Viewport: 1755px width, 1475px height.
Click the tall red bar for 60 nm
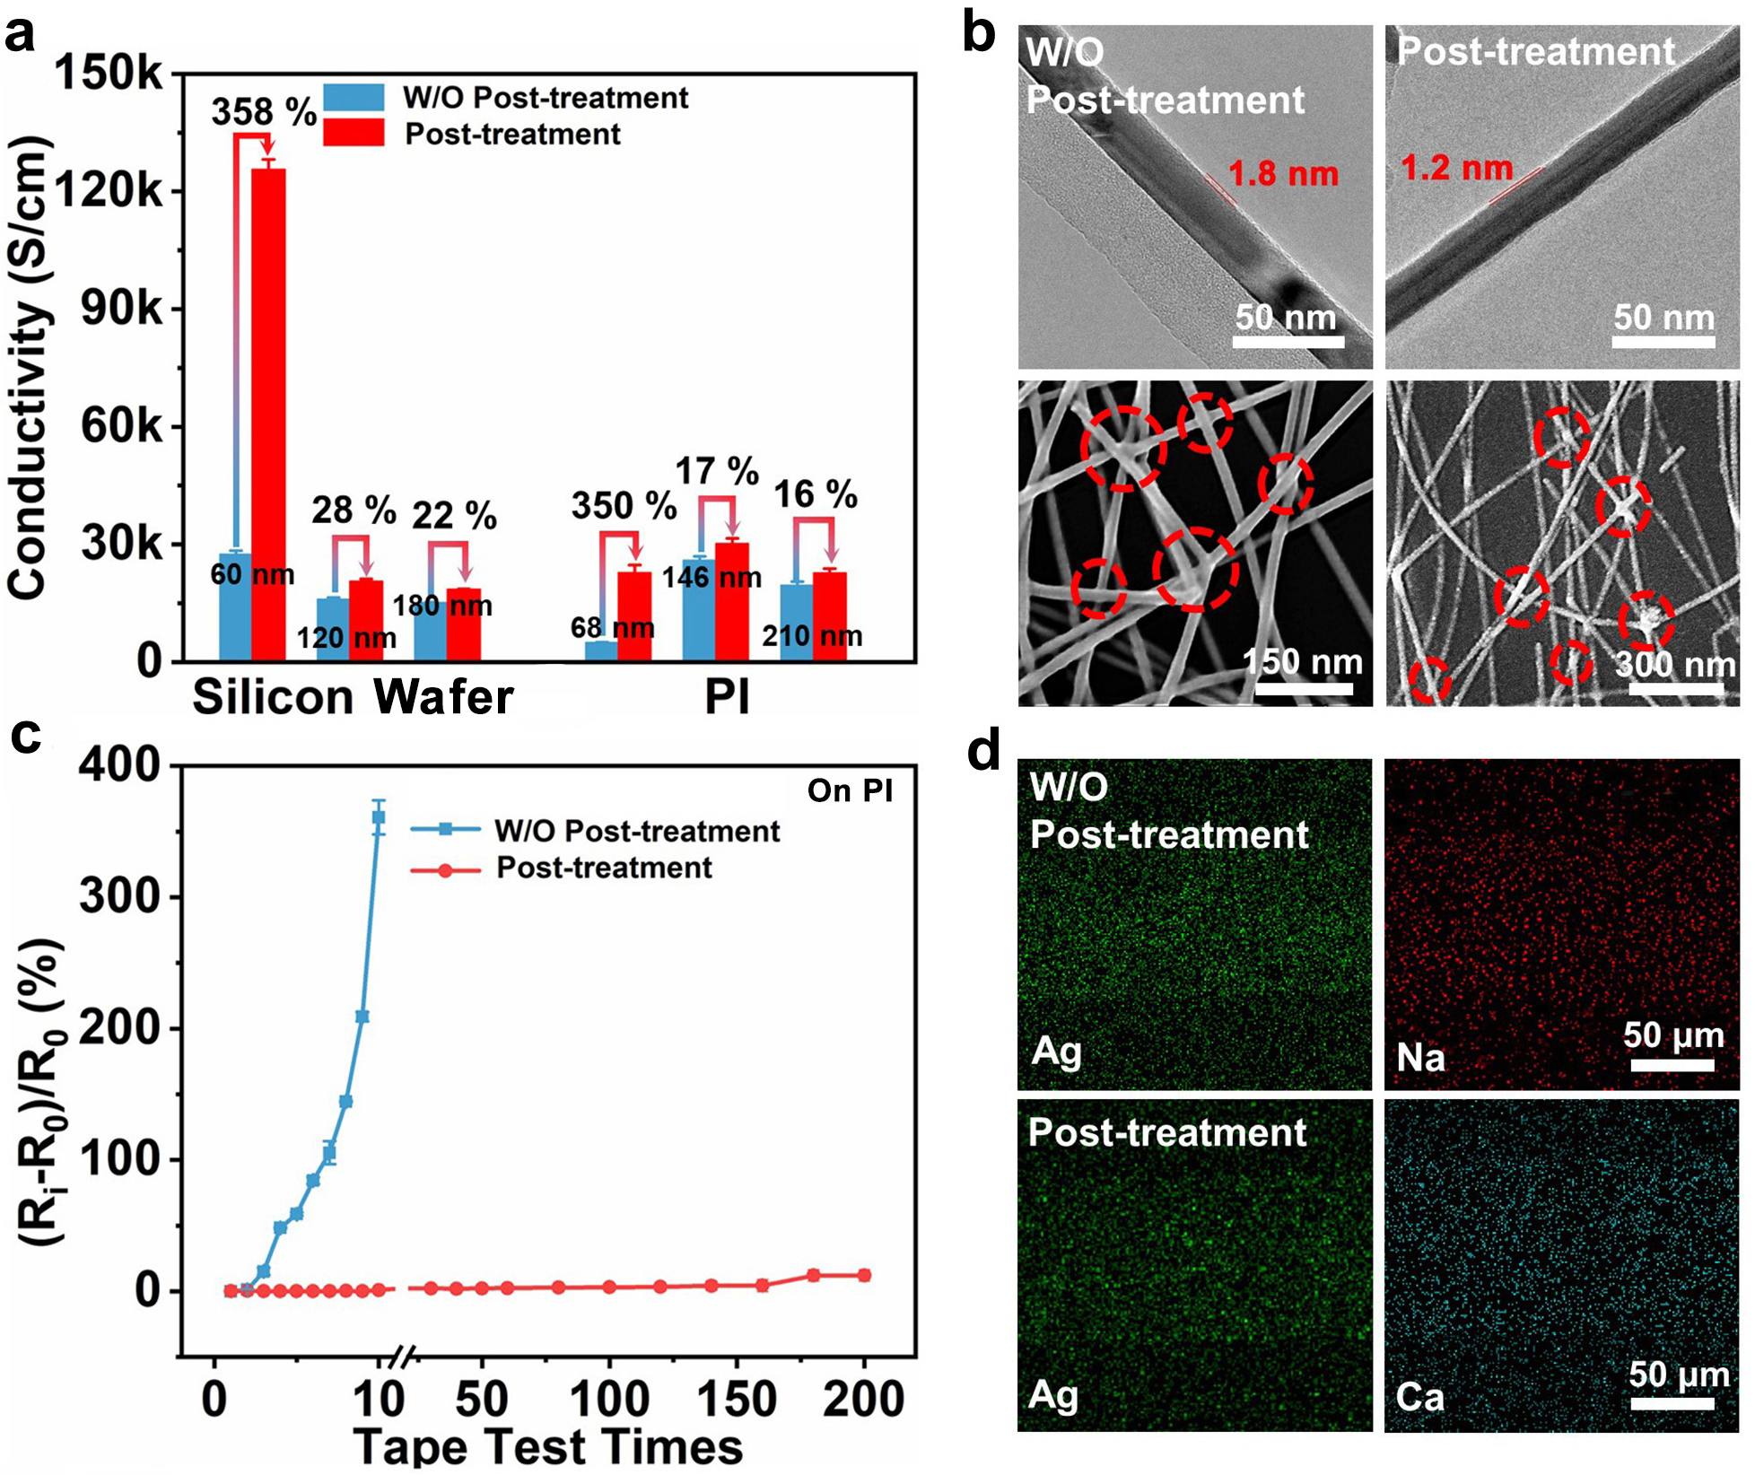268,413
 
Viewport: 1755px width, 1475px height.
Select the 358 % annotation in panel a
264,112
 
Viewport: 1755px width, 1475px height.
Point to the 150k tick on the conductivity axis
109,74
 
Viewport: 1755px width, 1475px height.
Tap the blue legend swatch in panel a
354,97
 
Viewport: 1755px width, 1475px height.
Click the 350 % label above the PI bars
624,506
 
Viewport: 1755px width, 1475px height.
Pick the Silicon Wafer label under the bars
353,697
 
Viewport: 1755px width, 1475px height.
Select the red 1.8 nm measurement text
1283,173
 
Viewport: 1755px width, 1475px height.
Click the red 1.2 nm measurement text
1456,168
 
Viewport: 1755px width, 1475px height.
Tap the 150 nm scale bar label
1303,662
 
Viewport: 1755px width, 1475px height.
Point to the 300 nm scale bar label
1675,665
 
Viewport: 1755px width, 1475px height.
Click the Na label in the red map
1421,1059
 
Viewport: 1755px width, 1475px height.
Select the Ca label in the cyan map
1420,1398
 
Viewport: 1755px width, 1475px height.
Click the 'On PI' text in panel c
850,790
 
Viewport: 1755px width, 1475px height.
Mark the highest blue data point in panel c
379,816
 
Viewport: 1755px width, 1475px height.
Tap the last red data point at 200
864,1275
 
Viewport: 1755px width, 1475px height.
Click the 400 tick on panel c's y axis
118,765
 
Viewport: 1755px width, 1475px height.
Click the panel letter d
983,750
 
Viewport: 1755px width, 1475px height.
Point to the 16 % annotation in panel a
816,494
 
